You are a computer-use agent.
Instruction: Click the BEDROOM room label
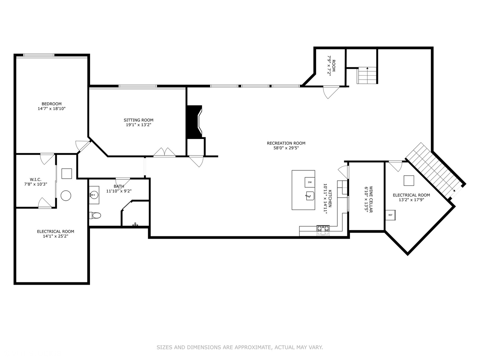51,104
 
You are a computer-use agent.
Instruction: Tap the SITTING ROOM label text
138,120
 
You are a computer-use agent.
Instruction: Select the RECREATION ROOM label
286,143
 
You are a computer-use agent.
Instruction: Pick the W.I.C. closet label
35,179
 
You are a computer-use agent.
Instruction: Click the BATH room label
119,186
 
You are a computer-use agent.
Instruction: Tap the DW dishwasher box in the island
310,182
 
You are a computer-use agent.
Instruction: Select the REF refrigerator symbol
390,215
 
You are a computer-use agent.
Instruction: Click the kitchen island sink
310,196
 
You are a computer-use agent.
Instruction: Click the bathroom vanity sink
93,194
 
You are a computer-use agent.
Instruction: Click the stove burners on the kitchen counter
323,229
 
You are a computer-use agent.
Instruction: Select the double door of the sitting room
164,153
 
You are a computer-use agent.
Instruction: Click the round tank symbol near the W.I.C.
66,195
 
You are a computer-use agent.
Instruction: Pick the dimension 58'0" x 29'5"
286,148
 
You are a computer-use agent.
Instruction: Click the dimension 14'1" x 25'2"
55,236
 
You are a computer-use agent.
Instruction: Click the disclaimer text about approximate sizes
240,347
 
